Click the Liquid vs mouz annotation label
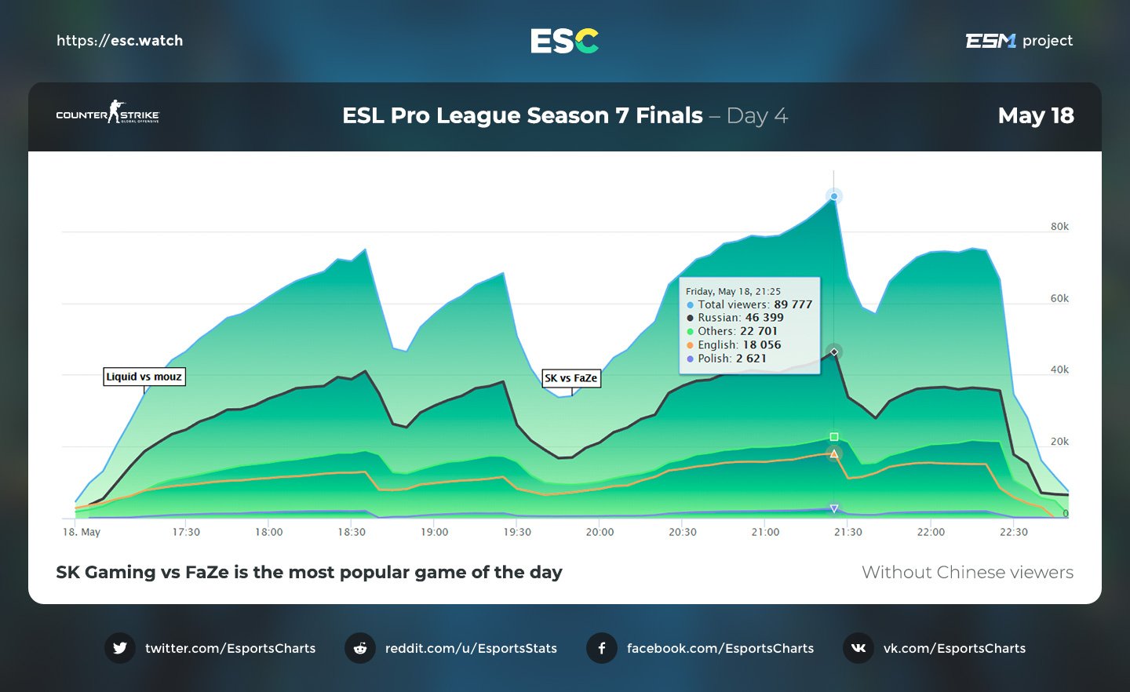(144, 377)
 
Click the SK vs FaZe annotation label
(571, 378)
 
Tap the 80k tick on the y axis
(1059, 227)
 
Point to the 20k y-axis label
(1059, 442)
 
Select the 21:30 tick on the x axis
(847, 532)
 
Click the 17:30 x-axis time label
(186, 532)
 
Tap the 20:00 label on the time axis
(600, 532)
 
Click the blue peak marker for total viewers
(834, 196)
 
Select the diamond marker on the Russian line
(834, 351)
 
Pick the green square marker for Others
(834, 437)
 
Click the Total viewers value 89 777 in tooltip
(793, 304)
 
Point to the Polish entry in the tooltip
(727, 359)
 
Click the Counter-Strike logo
(108, 112)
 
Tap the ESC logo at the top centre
(564, 41)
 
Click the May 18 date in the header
(1035, 116)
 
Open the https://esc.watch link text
(119, 41)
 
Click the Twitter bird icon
(120, 648)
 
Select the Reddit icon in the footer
(360, 648)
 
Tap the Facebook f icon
(602, 648)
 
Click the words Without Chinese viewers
(967, 573)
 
